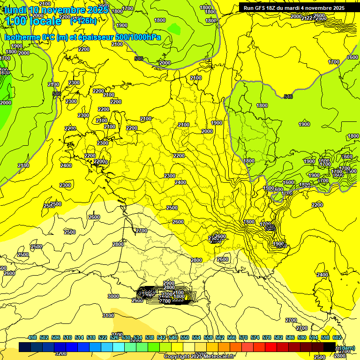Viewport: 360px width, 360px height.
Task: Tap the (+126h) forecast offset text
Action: [x=83, y=21]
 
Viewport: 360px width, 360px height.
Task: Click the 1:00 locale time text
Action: [x=33, y=21]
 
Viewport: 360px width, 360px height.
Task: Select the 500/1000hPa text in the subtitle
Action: [x=140, y=37]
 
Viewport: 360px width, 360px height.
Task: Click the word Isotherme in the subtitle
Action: [x=22, y=37]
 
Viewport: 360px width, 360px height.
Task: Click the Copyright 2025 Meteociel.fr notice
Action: [x=199, y=356]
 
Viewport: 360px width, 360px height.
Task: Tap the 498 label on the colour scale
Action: [x=32, y=337]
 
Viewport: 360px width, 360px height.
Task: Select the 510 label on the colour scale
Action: [x=67, y=337]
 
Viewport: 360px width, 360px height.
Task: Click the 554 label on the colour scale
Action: [x=196, y=337]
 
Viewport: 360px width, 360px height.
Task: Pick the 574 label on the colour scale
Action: [x=255, y=337]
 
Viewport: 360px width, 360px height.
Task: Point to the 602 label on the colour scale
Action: [x=337, y=337]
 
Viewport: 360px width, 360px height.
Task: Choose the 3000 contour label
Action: [x=113, y=296]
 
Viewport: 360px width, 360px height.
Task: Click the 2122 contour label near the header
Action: [x=307, y=18]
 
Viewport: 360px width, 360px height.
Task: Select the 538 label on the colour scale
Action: [x=150, y=337]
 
